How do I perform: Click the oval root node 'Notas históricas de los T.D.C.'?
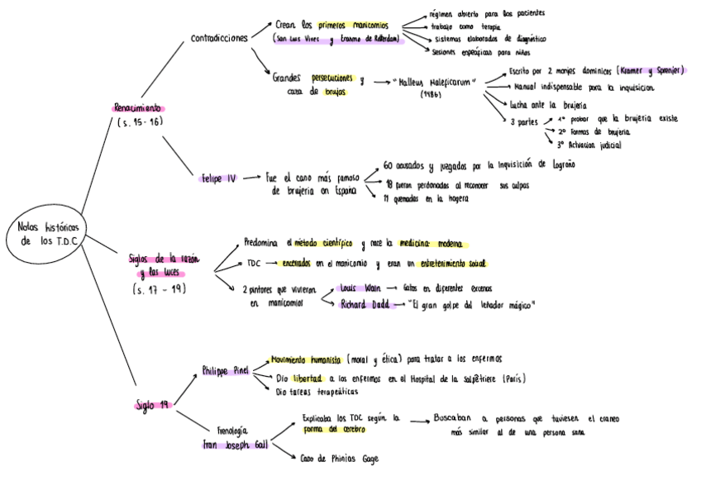pos(51,233)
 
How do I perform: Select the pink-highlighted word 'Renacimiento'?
pos(138,107)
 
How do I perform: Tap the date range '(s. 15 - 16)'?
pos(140,122)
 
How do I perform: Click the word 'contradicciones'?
pos(219,38)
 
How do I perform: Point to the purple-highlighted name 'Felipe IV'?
pos(219,178)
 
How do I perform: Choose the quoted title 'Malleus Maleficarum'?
pos(433,83)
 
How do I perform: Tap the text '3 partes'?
pos(524,121)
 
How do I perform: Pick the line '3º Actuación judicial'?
pos(589,145)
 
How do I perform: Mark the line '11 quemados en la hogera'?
pos(427,198)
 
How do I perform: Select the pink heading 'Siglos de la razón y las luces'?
pos(164,265)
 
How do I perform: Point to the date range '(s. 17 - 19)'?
pos(159,288)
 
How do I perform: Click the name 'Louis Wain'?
pos(360,288)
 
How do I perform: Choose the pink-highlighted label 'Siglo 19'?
pos(153,404)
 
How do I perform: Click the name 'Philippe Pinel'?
pos(225,371)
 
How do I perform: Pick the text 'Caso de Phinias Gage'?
pos(339,458)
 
